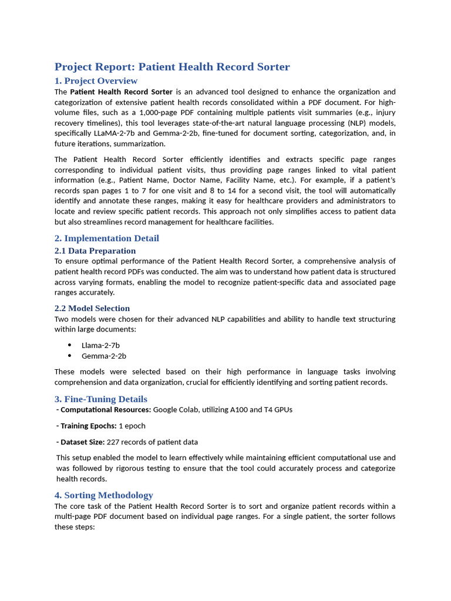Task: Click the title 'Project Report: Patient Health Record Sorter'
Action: coord(172,67)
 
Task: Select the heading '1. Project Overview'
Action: coord(96,81)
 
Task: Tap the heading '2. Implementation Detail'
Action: coord(107,238)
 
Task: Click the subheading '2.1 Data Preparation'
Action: coord(95,251)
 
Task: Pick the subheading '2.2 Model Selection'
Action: coord(92,308)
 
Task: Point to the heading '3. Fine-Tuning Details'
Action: coord(101,399)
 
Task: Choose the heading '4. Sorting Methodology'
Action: coord(103,495)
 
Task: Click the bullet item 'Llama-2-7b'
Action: coord(100,346)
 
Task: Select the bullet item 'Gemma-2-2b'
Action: coord(103,356)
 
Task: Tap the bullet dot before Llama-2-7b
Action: coord(70,346)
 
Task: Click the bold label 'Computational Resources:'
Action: coord(106,410)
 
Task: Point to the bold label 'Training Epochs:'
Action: coord(88,426)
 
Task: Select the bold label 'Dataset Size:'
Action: coord(82,442)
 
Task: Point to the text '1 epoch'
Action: coord(132,426)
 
